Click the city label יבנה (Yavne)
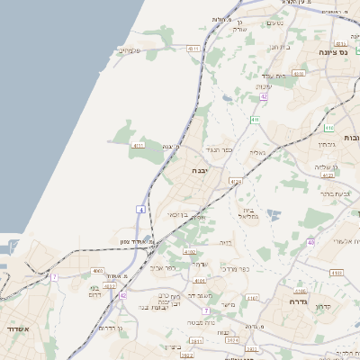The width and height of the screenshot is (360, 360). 200,169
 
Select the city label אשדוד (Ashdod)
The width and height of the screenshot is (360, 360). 15,329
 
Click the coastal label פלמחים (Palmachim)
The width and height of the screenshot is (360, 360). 130,50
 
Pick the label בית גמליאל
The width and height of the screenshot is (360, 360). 249,212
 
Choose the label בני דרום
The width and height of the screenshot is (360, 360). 97,292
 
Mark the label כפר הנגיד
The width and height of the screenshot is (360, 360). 220,149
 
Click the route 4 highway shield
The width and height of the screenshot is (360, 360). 140,210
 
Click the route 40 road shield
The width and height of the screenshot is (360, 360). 310,242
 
